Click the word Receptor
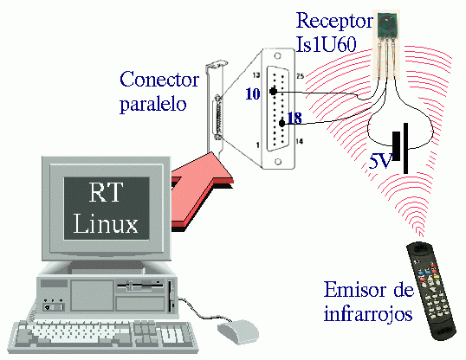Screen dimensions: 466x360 coord(334,21)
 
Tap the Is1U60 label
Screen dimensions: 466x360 coord(326,44)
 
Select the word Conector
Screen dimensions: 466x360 coord(159,79)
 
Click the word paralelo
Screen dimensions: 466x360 coord(153,103)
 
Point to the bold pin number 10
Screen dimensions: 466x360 coord(253,93)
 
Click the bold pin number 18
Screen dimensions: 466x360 coord(294,118)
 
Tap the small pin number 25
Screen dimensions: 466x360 coord(301,76)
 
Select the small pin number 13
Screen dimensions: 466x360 coord(256,75)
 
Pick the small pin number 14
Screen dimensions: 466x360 coord(300,141)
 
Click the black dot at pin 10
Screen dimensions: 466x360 coord(273,91)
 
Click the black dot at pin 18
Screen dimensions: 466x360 coord(282,123)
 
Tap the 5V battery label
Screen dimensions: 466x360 coord(380,161)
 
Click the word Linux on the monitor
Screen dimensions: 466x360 coord(106,223)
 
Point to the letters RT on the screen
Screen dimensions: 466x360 coord(106,192)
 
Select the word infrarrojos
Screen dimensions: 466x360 coord(368,313)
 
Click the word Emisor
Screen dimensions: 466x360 coord(353,290)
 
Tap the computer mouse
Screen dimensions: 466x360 coord(237,331)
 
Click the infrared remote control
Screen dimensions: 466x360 coord(431,291)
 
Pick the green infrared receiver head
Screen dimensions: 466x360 coord(387,26)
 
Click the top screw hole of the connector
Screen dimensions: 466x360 coord(277,55)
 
